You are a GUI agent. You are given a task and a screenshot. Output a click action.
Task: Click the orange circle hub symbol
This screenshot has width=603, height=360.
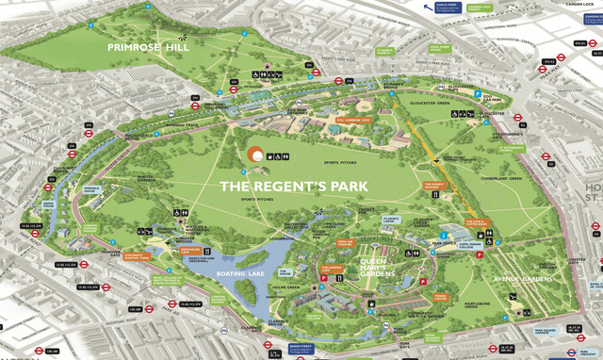coord(253,155)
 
